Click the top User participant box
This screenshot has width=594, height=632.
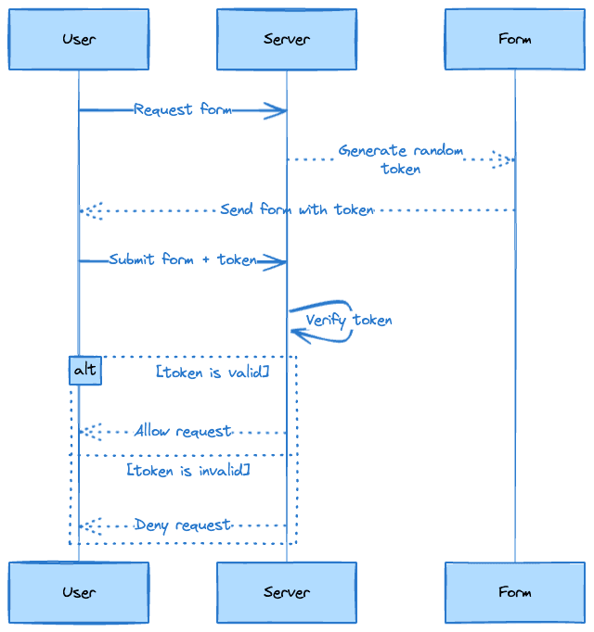[79, 39]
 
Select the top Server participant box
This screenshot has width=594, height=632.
[287, 39]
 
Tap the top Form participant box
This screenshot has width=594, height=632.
[515, 39]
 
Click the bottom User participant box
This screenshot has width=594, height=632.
[79, 592]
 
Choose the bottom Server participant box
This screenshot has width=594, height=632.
[287, 592]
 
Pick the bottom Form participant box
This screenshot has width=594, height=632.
[515, 592]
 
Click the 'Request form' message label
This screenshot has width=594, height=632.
[183, 109]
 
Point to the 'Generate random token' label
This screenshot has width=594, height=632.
[401, 159]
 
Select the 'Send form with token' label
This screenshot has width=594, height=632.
[297, 209]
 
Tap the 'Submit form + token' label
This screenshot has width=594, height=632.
[183, 259]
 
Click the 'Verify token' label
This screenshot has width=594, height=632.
[349, 321]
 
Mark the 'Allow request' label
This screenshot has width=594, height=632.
[183, 431]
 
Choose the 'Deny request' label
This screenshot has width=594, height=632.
[183, 525]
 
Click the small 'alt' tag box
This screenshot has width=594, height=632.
[84, 371]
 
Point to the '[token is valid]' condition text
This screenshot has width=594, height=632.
[213, 372]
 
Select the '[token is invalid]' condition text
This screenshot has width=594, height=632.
[188, 471]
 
